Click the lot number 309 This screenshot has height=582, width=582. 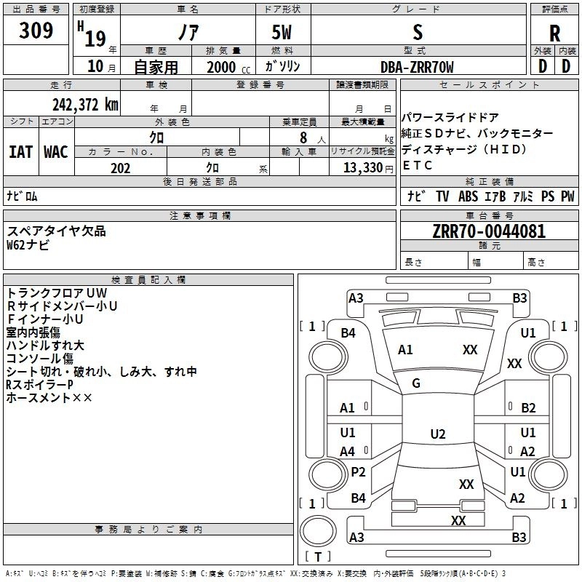[x=36, y=31]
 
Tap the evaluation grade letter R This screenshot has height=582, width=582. [x=554, y=33]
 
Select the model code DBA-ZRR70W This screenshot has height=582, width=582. [x=417, y=68]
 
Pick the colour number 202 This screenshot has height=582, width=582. [x=120, y=168]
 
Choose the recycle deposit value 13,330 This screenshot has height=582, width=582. [x=361, y=168]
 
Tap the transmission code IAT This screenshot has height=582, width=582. [x=21, y=151]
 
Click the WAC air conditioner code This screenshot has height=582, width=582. [x=56, y=151]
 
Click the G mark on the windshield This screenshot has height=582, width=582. [x=416, y=383]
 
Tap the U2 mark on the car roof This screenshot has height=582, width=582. [x=437, y=434]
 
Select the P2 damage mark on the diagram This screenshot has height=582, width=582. [x=358, y=472]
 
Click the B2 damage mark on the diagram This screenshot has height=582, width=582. [x=528, y=408]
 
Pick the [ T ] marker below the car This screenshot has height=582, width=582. [x=318, y=557]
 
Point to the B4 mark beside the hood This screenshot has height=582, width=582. [x=348, y=332]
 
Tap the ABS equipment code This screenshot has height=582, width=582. [x=467, y=196]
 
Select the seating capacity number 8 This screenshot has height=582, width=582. [x=303, y=137]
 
